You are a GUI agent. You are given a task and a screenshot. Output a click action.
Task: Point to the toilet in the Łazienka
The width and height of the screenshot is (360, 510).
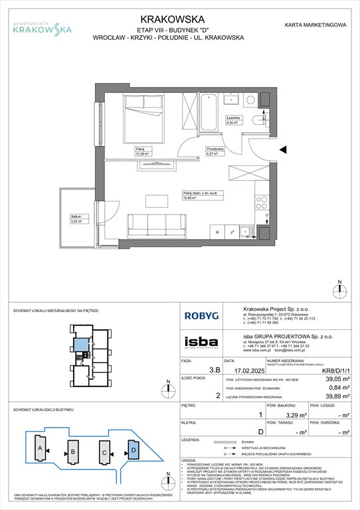tap(257, 120)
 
